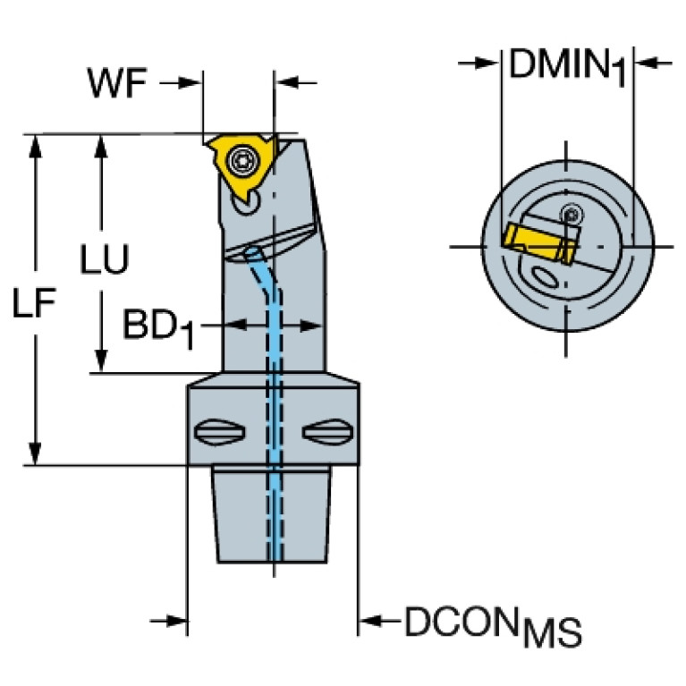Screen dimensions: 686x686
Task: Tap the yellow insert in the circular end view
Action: [x=535, y=241]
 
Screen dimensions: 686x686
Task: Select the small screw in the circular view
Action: [x=570, y=214]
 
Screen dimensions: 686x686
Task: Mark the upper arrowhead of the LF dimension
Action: [x=36, y=145]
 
